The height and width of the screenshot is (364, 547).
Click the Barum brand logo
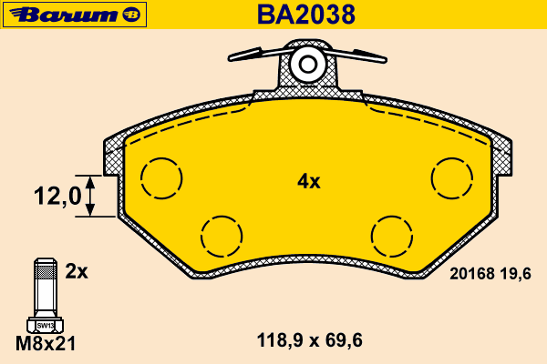tap(75, 15)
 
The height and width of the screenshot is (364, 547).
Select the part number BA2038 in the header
tap(306, 15)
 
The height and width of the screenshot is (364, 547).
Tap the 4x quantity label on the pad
tap(308, 182)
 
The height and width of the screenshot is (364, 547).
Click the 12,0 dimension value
tap(57, 196)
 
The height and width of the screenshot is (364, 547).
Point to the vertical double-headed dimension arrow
tap(90, 197)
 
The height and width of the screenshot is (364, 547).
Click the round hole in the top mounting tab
tap(308, 64)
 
